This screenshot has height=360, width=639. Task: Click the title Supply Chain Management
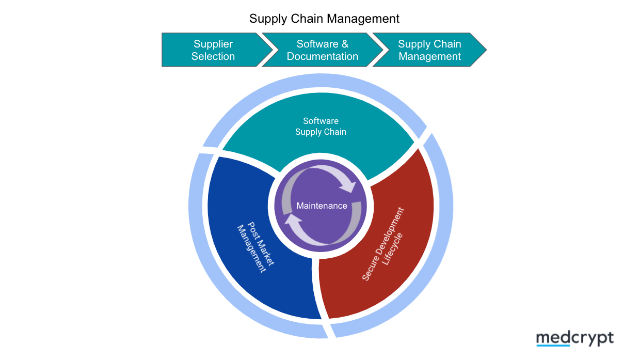coord(324,19)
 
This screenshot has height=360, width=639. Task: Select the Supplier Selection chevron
coord(213,50)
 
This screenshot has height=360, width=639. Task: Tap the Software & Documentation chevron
coord(323,50)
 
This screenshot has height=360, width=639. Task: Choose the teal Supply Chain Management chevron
coord(429,50)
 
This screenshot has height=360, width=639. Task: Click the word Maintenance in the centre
coord(322,206)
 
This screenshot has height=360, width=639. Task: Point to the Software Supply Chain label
coord(321,127)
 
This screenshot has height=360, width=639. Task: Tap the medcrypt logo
coord(574,338)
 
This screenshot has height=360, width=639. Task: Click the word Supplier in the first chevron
coord(213,44)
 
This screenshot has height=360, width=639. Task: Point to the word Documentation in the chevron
coord(323,56)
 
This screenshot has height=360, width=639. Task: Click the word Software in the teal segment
coord(321,121)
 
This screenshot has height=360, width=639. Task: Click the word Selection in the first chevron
coord(213,56)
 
